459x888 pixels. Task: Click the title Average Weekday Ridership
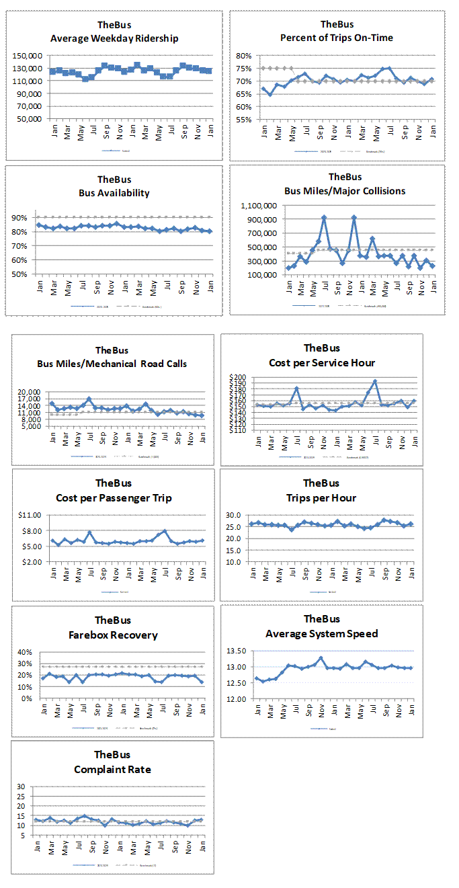coord(114,38)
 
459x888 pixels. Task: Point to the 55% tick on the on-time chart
coord(243,120)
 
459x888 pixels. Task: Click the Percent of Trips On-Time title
coord(337,38)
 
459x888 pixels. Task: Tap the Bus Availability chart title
coord(114,193)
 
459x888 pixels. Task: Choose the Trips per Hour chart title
coord(321,498)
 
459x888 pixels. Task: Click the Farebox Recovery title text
coord(113,635)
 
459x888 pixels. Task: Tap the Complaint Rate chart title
coord(113,770)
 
